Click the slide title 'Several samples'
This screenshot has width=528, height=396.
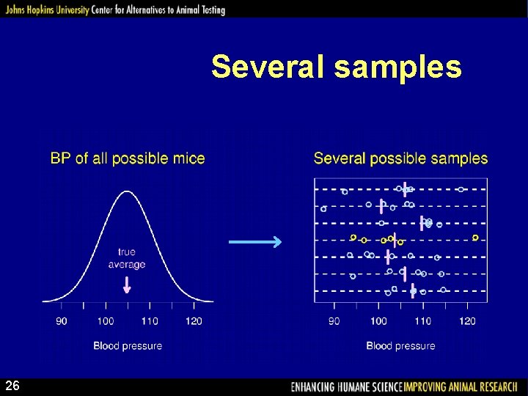337,67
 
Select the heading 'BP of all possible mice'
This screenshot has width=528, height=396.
128,158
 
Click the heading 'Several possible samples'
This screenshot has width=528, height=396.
400,158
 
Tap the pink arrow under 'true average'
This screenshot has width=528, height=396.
127,285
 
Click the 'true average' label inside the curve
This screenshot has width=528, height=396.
127,258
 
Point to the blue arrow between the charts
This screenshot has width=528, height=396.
255,242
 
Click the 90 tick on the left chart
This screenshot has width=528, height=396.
62,320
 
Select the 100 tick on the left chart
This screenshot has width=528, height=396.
106,320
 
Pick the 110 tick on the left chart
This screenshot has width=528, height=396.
150,320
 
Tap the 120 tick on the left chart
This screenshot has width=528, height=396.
194,320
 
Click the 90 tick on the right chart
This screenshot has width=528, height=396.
334,320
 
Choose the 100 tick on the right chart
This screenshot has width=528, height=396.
378,320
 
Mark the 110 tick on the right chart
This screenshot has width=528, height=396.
423,320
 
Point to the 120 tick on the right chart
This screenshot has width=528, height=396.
467,320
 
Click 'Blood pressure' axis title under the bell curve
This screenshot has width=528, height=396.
128,345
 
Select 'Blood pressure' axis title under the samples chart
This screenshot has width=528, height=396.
400,345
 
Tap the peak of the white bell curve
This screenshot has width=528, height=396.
128,192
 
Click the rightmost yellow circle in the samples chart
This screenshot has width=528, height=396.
475,238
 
